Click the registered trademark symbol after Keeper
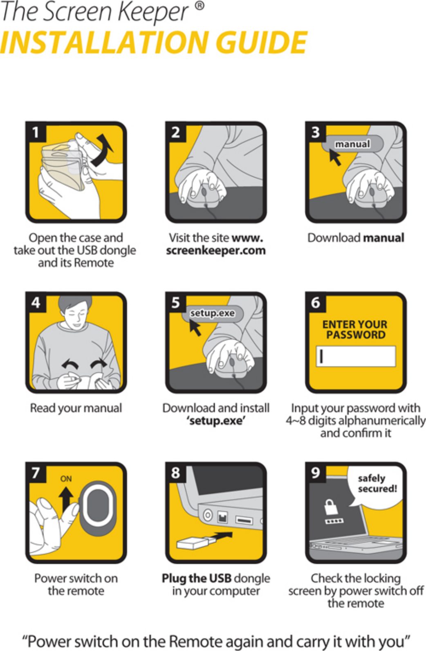[x=199, y=6]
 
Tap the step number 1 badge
[x=36, y=132]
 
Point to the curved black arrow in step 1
[x=101, y=150]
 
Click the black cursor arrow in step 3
[x=335, y=157]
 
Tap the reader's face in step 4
[x=75, y=315]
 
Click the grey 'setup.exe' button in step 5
[x=213, y=313]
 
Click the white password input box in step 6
[x=356, y=356]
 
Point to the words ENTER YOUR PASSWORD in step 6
[x=355, y=329]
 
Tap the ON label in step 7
[x=66, y=478]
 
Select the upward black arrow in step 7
[x=66, y=500]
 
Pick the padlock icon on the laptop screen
[x=331, y=507]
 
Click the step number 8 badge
[x=176, y=473]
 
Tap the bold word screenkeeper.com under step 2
[x=216, y=250]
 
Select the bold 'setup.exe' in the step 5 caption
[x=216, y=421]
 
